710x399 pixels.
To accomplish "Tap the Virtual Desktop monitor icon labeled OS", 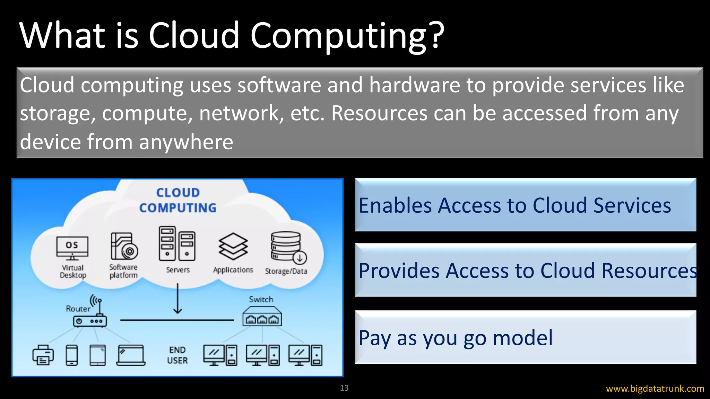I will pyautogui.click(x=72, y=248).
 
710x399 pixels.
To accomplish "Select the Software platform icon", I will pyautogui.click(x=124, y=246).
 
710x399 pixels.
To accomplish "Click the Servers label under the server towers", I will pyautogui.click(x=177, y=270).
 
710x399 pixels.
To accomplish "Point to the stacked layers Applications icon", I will pyautogui.click(x=233, y=246).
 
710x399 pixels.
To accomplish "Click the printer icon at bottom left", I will pyautogui.click(x=43, y=355).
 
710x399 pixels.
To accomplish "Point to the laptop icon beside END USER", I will pyautogui.click(x=131, y=355).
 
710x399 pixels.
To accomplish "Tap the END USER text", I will pyautogui.click(x=177, y=355).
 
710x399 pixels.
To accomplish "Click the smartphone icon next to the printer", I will pyautogui.click(x=72, y=355).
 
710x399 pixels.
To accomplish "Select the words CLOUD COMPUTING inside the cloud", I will pyautogui.click(x=178, y=200).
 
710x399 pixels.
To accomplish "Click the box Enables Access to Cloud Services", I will pyautogui.click(x=525, y=205).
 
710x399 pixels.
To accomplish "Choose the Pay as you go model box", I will pyautogui.click(x=525, y=337).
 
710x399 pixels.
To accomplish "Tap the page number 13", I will pyautogui.click(x=344, y=388).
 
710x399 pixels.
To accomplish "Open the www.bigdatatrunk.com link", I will pyautogui.click(x=655, y=389).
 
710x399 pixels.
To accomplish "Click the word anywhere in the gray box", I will pyautogui.click(x=186, y=142).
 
